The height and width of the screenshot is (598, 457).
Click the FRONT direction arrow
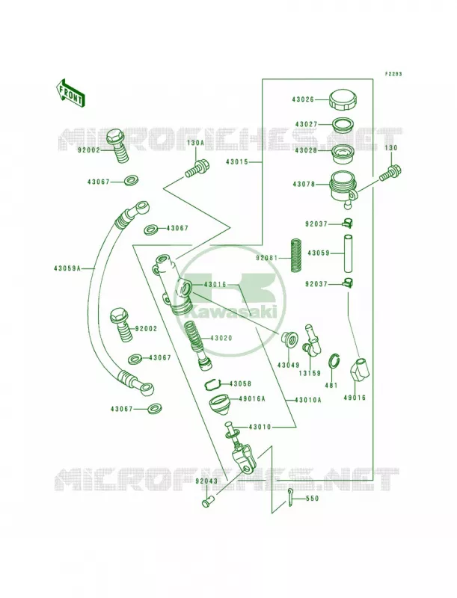point(71,93)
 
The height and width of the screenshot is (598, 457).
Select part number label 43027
point(307,124)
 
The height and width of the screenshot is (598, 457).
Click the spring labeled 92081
point(295,255)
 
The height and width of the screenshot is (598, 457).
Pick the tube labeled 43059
point(348,253)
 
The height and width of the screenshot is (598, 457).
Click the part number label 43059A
point(67,268)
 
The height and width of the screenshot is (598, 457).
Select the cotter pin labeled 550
point(290,498)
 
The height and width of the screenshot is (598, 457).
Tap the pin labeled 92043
point(208,501)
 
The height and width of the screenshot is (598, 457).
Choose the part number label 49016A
point(252,399)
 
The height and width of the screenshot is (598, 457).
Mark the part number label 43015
point(236,161)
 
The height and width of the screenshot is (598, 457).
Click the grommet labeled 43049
point(289,339)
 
